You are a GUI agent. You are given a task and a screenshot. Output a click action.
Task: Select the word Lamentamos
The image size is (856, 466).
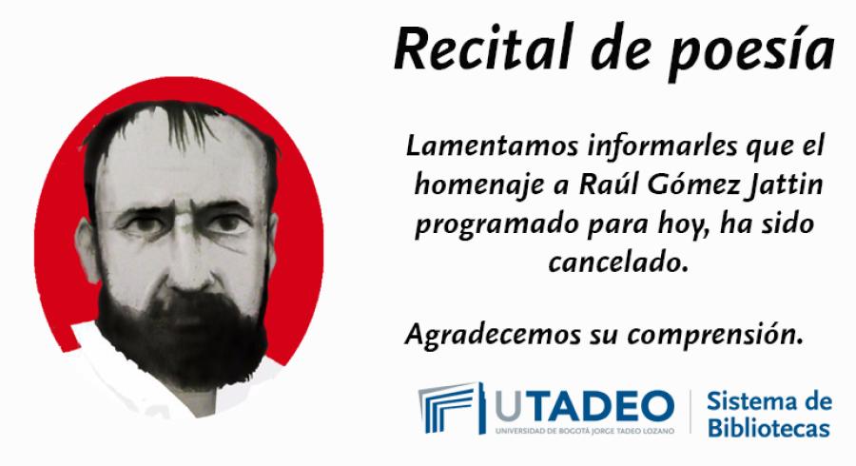[x=492, y=146]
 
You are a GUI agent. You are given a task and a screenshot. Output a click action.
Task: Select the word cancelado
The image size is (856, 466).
[x=617, y=263]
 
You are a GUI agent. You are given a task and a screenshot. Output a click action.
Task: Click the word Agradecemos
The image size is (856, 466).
[x=493, y=335]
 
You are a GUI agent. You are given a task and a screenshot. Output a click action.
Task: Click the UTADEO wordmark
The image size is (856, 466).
[x=585, y=406]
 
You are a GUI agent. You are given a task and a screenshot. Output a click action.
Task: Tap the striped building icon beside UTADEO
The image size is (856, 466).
[x=451, y=408]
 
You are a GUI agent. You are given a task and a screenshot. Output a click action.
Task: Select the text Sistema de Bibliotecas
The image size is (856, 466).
[x=769, y=414]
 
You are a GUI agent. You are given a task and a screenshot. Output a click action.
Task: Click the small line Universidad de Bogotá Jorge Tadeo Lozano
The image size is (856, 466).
[x=585, y=431]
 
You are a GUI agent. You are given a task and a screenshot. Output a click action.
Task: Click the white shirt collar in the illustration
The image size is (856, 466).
[x=126, y=371]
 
